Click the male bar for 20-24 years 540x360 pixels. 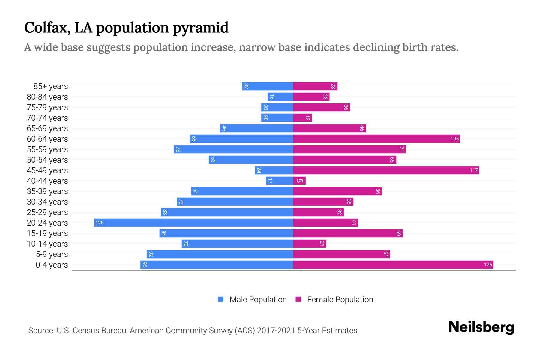[x=193, y=223]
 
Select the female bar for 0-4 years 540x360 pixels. [x=393, y=265]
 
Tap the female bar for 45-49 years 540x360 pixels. [x=386, y=170]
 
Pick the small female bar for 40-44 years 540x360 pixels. [x=299, y=181]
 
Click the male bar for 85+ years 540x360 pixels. [x=268, y=86]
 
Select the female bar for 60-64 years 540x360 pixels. [x=376, y=139]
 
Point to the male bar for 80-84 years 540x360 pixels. [x=280, y=97]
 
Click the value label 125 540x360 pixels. [x=100, y=223]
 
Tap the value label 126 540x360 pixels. [x=488, y=265]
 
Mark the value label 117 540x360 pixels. [x=473, y=170]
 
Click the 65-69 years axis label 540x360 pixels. [x=47, y=128]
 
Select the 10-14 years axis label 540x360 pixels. [x=47, y=244]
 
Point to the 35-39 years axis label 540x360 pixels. [x=47, y=191]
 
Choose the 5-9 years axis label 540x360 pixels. [x=52, y=254]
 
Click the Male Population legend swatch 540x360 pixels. [x=221, y=299]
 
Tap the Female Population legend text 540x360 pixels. [x=340, y=299]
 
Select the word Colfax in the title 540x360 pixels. [x=47, y=28]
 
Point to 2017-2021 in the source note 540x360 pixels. [x=276, y=331]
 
